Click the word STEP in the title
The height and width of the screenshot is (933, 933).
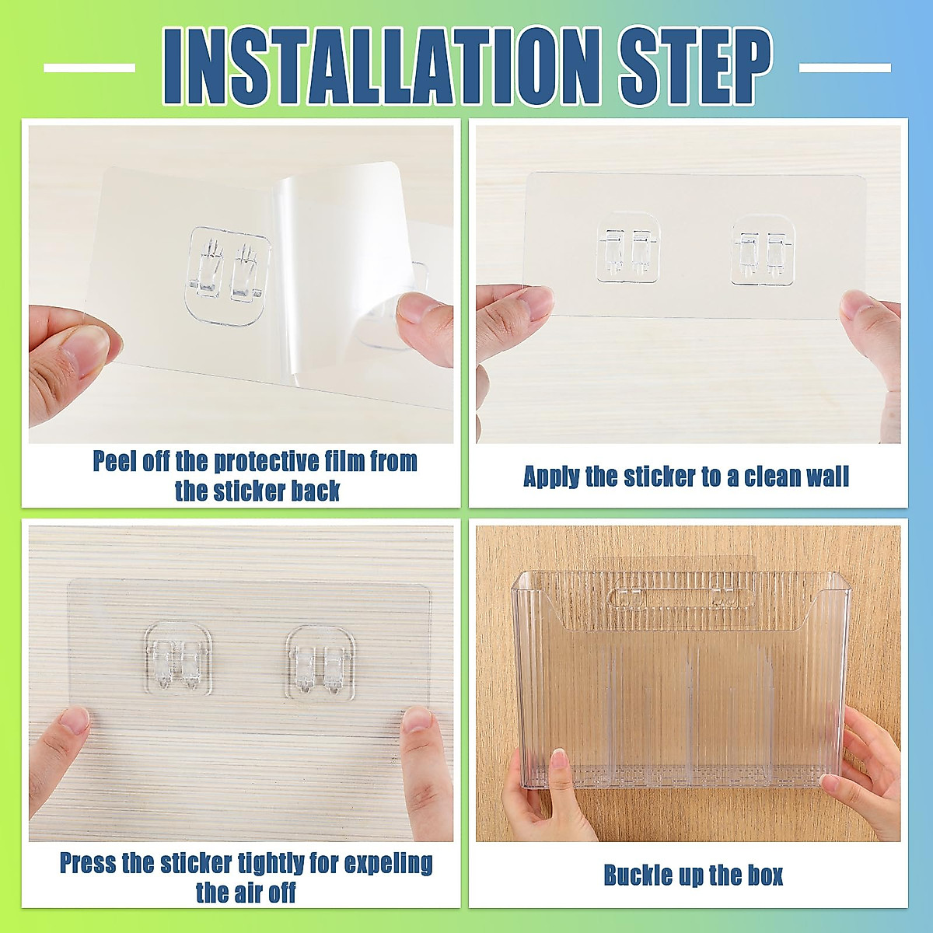tap(694, 68)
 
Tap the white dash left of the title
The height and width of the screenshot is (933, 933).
tap(89, 68)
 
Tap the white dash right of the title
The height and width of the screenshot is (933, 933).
tap(845, 68)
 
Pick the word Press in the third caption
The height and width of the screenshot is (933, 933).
tap(89, 862)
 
